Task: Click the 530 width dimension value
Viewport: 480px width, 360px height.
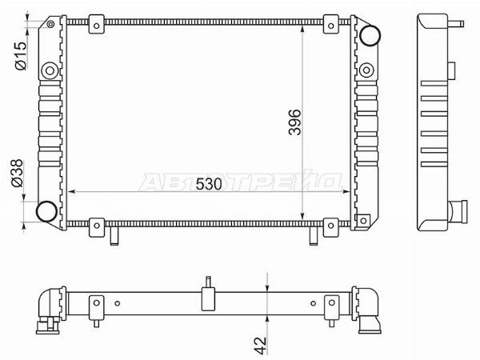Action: click(x=209, y=184)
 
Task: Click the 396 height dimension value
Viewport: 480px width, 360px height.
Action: click(x=294, y=122)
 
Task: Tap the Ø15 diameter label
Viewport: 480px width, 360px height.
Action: click(x=21, y=56)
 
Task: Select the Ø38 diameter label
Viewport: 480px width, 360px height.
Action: click(x=17, y=173)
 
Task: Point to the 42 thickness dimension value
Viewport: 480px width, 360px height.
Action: click(x=261, y=346)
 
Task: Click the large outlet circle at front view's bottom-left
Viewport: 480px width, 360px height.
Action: click(x=46, y=211)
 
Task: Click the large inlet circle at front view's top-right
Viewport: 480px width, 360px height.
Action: click(x=370, y=35)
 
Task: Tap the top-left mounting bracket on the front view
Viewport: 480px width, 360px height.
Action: click(x=97, y=24)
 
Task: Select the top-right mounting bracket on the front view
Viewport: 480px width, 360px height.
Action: click(x=331, y=24)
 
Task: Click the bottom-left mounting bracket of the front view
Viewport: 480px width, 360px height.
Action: click(x=97, y=227)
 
